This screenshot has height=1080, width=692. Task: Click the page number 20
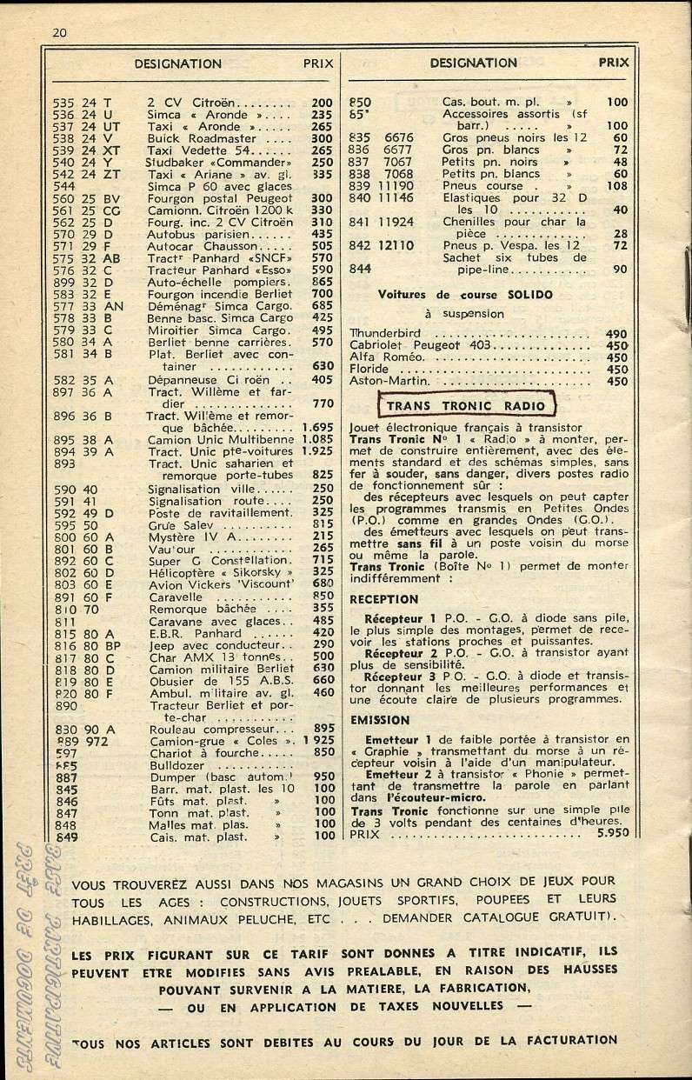[x=60, y=33]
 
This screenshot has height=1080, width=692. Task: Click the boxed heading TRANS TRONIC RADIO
[x=465, y=405]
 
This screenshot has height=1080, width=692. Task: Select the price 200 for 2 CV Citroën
[x=322, y=102]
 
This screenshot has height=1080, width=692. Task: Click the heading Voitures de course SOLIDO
[x=465, y=295]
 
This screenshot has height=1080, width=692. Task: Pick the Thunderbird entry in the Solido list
[x=385, y=333]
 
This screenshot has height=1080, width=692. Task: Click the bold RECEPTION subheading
[x=383, y=599]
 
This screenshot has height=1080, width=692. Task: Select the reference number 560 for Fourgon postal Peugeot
[x=63, y=197]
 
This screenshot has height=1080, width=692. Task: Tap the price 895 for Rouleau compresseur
[x=324, y=728]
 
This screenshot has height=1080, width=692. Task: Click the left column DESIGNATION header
[x=177, y=63]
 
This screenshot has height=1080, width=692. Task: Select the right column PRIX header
[x=614, y=63]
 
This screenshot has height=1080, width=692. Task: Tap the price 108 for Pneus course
[x=615, y=185]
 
